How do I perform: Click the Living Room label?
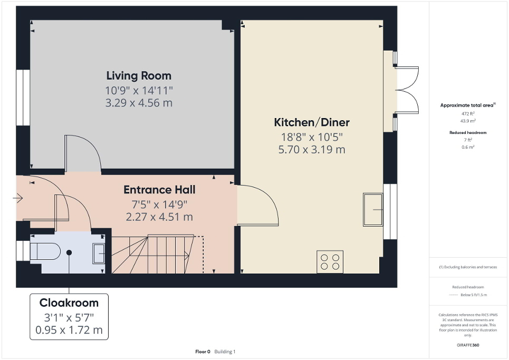[139, 75]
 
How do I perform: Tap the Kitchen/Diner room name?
[311, 123]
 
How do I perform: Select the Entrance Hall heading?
[159, 190]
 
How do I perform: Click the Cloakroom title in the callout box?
[69, 303]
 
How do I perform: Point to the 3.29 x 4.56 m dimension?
[139, 103]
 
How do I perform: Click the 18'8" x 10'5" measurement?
[311, 137]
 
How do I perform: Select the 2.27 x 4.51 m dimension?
[159, 217]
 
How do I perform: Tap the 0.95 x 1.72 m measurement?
[69, 332]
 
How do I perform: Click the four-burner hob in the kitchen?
[330, 262]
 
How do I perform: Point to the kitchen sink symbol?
[373, 209]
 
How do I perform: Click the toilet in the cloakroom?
[46, 252]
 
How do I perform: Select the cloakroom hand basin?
[99, 254]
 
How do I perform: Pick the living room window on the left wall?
[23, 98]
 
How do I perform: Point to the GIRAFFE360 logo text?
[468, 345]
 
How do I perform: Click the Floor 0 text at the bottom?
[203, 352]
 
